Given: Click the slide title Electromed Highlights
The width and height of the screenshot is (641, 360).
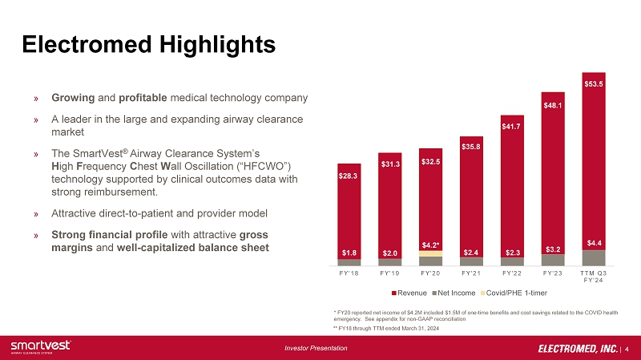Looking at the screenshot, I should (x=148, y=42).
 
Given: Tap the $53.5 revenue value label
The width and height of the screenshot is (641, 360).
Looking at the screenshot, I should (x=594, y=83).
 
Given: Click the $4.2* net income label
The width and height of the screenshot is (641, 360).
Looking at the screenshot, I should (x=430, y=245).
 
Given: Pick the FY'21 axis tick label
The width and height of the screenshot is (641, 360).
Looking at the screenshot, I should (x=471, y=273).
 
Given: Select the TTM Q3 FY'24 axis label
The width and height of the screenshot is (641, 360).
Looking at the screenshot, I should (x=594, y=276).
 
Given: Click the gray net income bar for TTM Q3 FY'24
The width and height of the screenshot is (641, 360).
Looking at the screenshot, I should (x=594, y=257).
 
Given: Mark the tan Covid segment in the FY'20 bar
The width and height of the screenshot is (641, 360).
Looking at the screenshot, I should (x=430, y=253).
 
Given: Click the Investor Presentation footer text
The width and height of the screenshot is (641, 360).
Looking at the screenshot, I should (x=317, y=348).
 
